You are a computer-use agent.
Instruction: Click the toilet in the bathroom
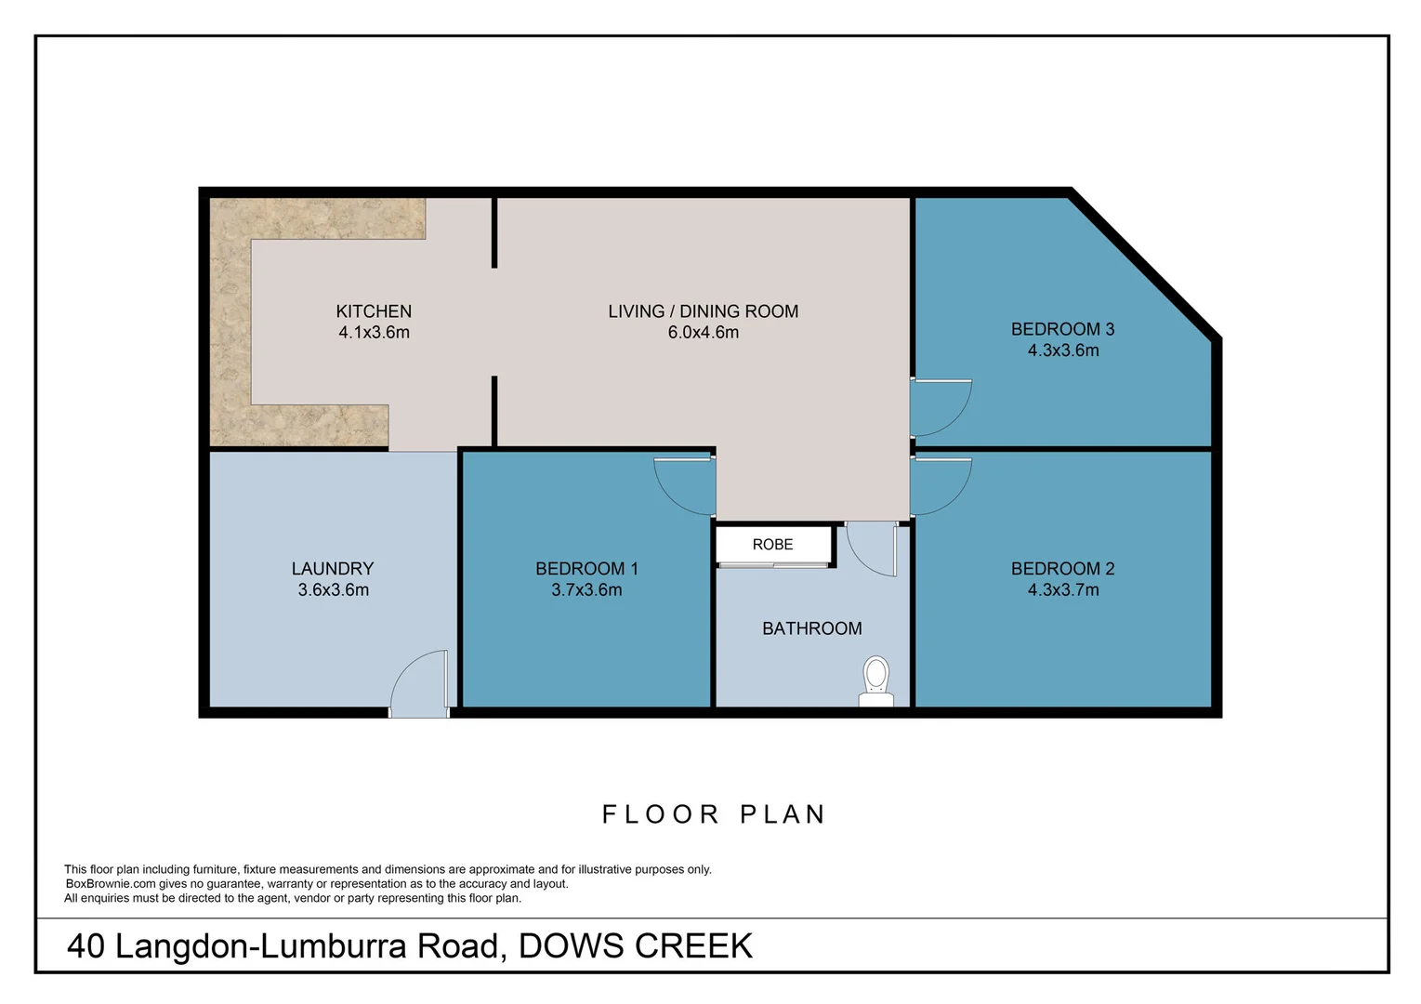coord(875,681)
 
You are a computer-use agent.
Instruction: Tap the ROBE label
coord(772,545)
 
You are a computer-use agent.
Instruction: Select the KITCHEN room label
coord(374,311)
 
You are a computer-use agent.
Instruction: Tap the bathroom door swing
coord(872,548)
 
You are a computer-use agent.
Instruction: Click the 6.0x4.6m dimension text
coord(703,333)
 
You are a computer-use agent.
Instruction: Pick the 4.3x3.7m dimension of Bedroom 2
coord(1062,590)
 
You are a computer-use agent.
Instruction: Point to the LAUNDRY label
coord(333,569)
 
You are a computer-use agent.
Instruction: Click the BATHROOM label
coord(811,629)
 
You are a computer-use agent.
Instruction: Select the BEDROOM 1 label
coord(586,569)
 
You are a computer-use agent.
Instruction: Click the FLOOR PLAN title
coord(714,814)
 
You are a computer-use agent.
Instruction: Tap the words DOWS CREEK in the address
coord(635,946)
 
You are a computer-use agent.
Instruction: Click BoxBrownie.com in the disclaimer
coord(111,884)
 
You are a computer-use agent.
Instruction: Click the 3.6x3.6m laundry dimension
coord(333,590)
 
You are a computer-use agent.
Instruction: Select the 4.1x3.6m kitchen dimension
coord(374,333)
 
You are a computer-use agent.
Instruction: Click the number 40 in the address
coord(86,946)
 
